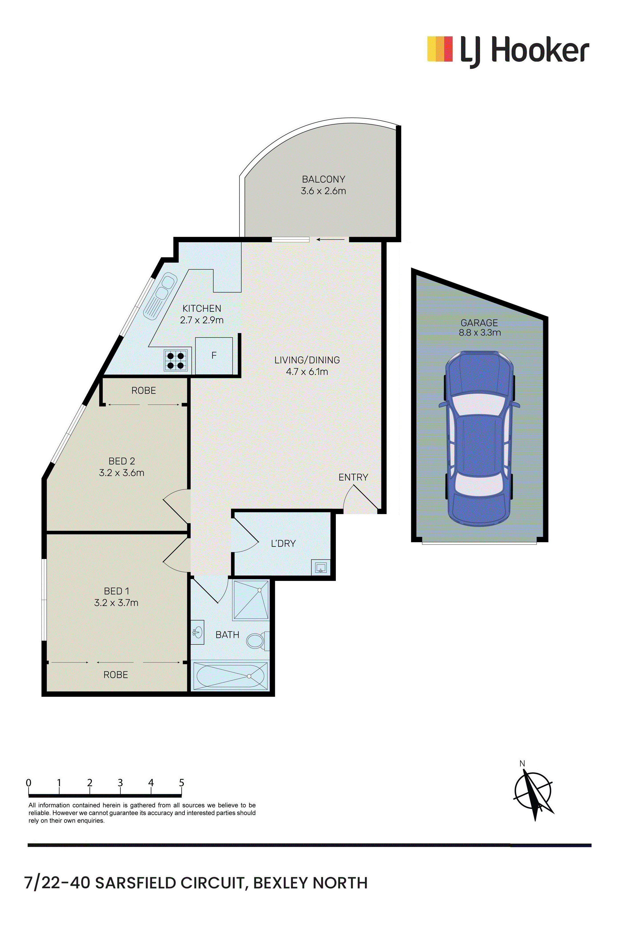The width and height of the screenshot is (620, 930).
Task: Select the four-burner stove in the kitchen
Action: pyautogui.click(x=176, y=360)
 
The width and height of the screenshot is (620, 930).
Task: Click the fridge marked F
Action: pyautogui.click(x=214, y=355)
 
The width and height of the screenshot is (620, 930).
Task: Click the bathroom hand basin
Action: pyautogui.click(x=197, y=632)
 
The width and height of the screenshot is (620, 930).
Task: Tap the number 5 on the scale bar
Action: pyautogui.click(x=181, y=783)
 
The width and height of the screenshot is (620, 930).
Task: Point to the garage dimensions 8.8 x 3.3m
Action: pyautogui.click(x=480, y=332)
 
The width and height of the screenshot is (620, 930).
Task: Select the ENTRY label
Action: pyautogui.click(x=353, y=477)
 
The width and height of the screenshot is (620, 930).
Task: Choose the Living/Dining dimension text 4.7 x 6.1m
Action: pyautogui.click(x=307, y=372)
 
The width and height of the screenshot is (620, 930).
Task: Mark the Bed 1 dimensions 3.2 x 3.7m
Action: pyautogui.click(x=116, y=603)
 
